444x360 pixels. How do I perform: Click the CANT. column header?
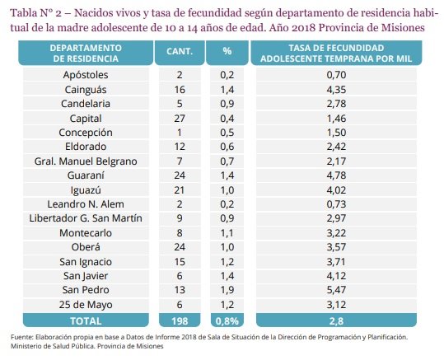180,51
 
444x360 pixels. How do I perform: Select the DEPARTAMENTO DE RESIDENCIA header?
86,53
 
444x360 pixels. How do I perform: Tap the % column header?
227,51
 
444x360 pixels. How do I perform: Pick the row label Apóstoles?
86,75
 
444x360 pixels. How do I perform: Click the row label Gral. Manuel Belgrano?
86,161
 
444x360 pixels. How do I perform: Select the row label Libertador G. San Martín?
86,218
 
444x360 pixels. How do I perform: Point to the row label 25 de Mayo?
86,305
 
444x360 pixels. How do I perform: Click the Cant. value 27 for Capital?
180,118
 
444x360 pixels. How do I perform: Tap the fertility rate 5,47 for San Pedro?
336,290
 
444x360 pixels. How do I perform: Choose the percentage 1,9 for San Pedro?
227,290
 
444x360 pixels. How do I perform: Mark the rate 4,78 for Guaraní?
336,175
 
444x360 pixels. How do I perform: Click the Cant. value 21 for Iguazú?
180,189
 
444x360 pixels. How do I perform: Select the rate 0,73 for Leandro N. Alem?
336,204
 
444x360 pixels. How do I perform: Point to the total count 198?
180,321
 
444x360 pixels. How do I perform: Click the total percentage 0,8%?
227,321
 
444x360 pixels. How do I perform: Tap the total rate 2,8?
336,321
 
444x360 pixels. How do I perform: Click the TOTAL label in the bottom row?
86,321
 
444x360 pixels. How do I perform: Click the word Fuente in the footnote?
22,337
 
